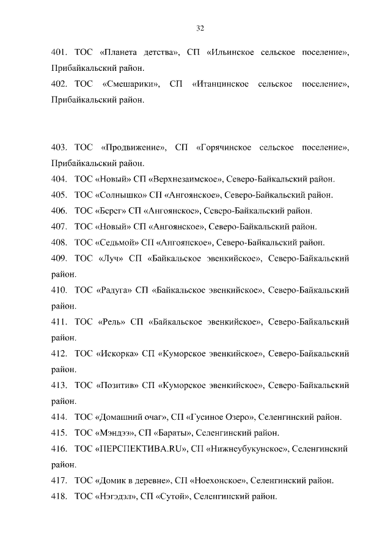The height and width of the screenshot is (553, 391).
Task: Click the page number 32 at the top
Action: point(200,28)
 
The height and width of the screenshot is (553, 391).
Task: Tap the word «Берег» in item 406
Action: point(110,211)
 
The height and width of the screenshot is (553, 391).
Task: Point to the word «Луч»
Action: point(110,258)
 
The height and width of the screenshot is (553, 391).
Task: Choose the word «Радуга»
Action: point(114,290)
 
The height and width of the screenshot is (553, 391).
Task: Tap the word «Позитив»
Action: point(116,386)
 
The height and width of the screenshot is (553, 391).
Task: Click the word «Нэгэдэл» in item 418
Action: point(115,497)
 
